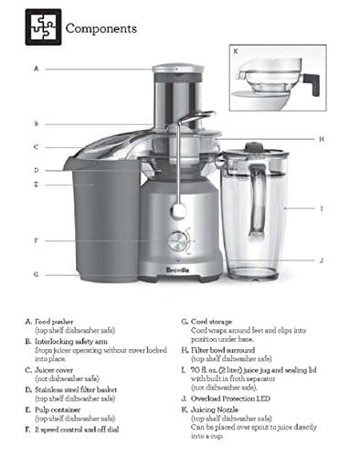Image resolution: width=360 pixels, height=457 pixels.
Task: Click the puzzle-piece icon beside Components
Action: pos(43,27)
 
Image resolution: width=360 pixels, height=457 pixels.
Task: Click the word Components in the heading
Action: pos(101,28)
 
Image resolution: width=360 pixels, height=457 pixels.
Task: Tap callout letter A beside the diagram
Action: pos(37,69)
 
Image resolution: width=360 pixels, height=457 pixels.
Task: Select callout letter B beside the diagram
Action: pos(36,123)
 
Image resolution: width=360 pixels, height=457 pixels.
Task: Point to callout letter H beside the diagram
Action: pos(322,139)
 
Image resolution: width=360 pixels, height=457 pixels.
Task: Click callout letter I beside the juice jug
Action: pos(322,209)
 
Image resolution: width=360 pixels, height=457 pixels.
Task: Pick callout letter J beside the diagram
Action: pos(322,260)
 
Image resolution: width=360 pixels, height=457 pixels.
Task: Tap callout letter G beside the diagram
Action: pos(36,274)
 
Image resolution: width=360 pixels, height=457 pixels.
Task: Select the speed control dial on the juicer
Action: pos(179,239)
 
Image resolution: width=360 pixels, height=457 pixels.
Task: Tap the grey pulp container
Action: pos(101,219)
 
